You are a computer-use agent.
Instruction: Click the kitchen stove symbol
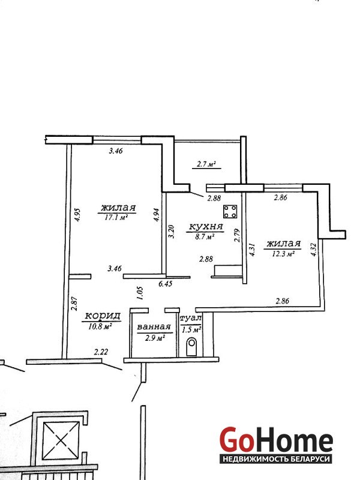(230, 211)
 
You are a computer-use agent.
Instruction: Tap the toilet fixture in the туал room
(191, 346)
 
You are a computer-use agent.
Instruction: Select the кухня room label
(206, 227)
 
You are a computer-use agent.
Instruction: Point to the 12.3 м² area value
(283, 253)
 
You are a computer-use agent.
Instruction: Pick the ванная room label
(154, 327)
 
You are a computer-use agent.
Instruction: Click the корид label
(102, 316)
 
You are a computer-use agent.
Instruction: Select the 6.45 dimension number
(166, 284)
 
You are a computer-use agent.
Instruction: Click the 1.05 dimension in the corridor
(140, 293)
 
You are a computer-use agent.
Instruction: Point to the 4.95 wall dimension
(77, 215)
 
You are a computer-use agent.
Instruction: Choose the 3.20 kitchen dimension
(172, 232)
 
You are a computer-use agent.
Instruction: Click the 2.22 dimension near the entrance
(101, 352)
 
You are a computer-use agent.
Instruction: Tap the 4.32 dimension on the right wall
(313, 250)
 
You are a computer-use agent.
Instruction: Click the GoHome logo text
(276, 439)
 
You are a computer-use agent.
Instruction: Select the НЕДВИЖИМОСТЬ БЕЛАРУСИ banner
(276, 459)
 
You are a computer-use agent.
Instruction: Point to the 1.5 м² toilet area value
(191, 329)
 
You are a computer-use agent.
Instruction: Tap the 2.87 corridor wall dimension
(74, 304)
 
